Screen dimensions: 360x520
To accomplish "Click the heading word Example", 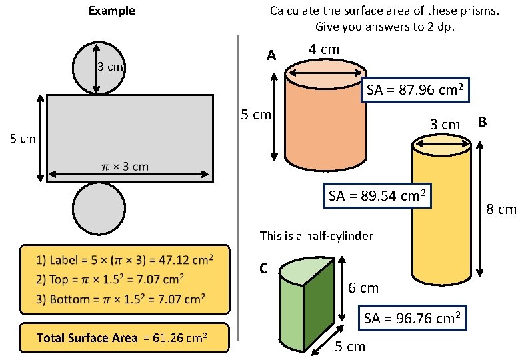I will tap(112, 11).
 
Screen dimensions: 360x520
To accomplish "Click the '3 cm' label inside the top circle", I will tap(111, 67).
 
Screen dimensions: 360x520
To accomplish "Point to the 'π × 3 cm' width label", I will tap(125, 166).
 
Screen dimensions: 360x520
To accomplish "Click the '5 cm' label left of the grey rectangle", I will tap(23, 139).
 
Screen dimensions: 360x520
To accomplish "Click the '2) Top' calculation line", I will tap(110, 279).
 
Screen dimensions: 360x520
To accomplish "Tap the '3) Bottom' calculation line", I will tap(119, 299).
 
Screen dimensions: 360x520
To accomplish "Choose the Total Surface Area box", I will tap(124, 337).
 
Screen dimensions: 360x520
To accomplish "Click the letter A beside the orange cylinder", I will tap(271, 56).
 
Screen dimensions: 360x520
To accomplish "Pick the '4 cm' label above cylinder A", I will tap(324, 49).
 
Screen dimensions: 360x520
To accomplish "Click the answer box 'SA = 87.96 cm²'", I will tap(415, 91).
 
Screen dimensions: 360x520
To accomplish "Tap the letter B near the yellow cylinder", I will tap(483, 122).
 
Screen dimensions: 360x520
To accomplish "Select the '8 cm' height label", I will tap(501, 210).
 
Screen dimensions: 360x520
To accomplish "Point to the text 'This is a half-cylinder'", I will tap(316, 236).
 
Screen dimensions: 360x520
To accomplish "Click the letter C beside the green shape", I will tap(263, 269).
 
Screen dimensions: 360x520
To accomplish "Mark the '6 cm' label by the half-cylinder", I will tap(363, 288).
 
